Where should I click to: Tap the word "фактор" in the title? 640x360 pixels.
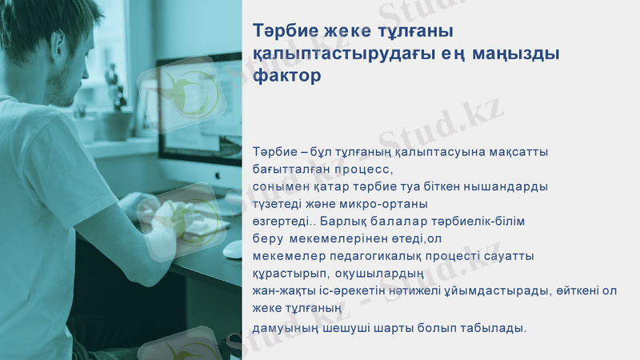(286, 77)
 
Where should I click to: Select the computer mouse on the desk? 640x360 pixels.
(231, 250)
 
